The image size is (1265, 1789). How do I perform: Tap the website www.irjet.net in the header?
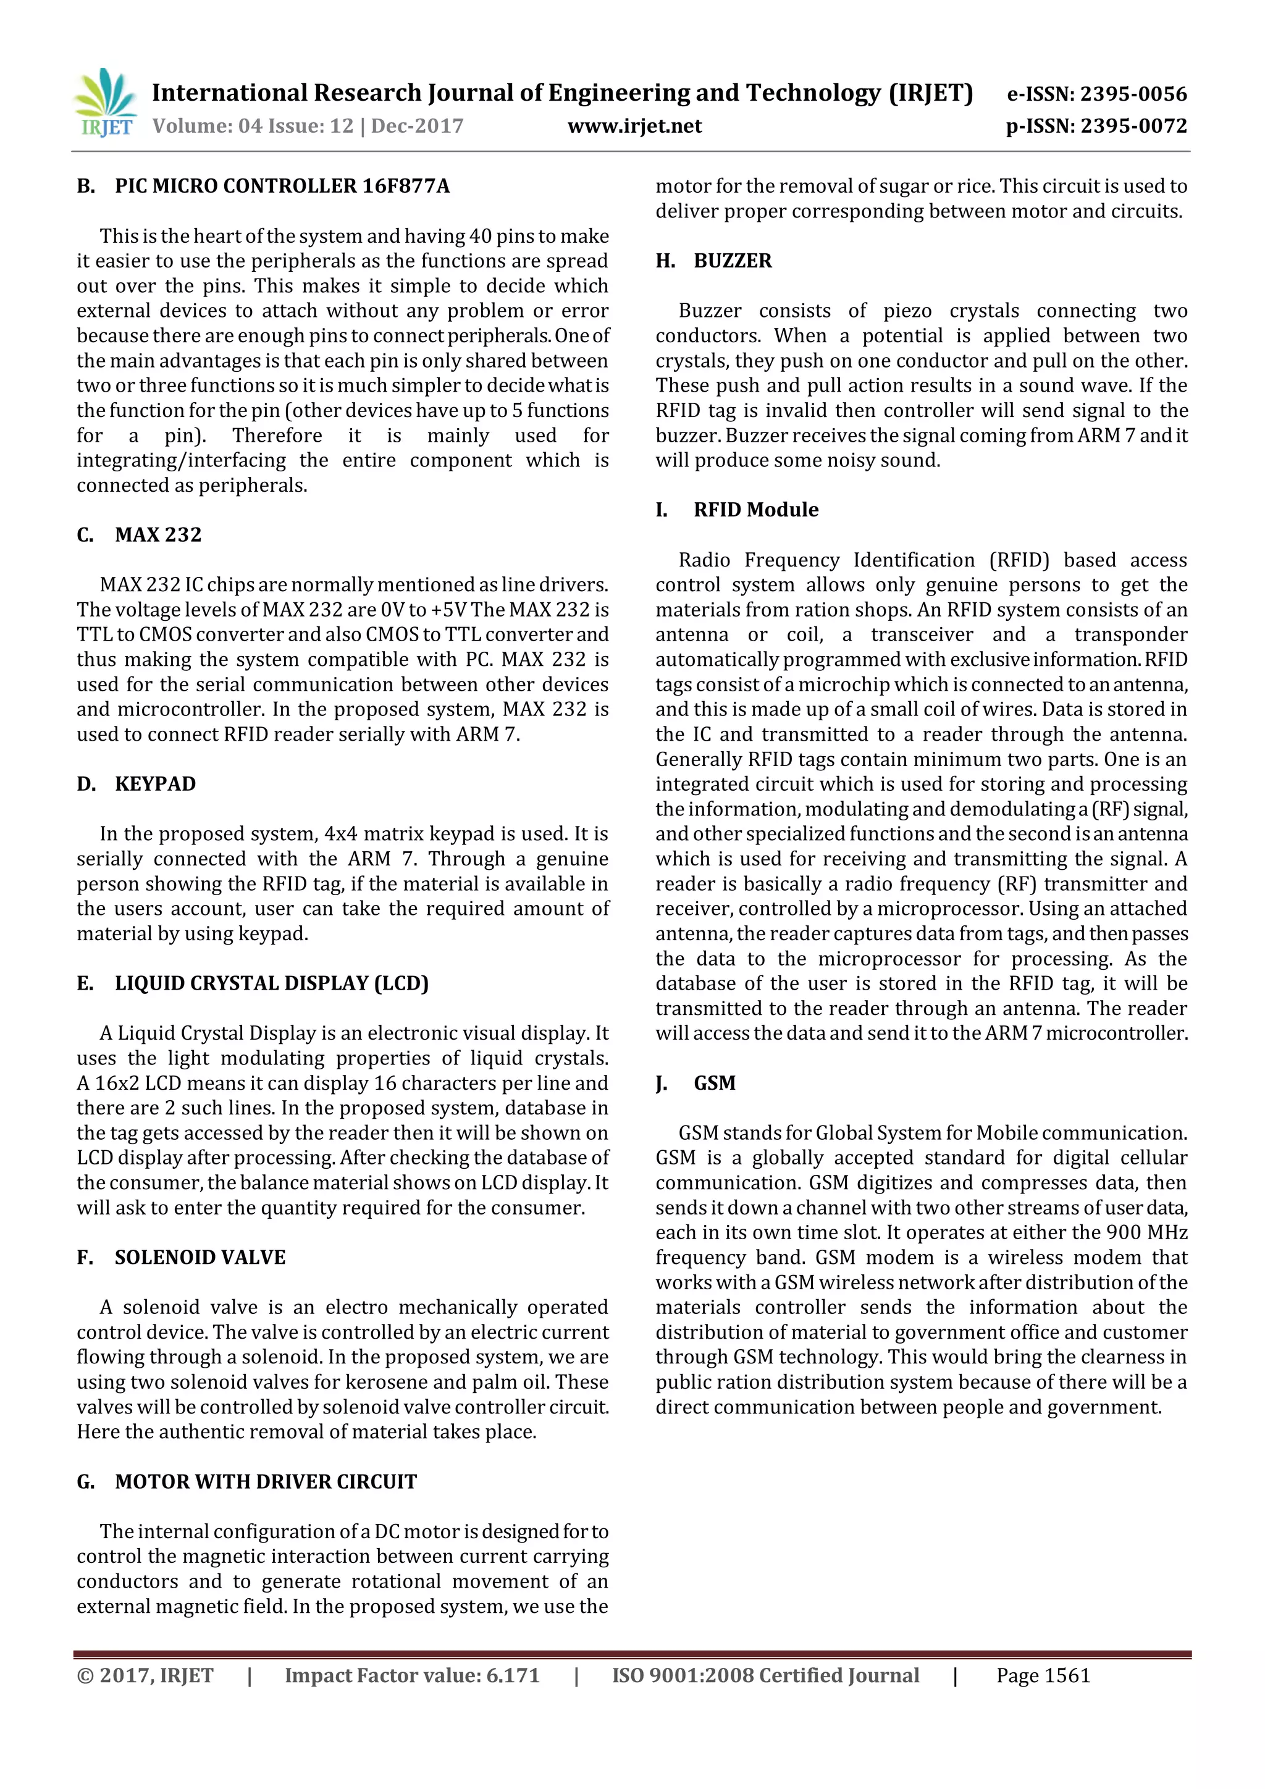tap(634, 126)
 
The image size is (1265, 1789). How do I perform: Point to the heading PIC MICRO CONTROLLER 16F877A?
tap(282, 186)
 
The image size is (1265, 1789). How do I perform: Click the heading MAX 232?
tap(158, 534)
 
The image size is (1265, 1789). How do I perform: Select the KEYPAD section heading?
tap(155, 784)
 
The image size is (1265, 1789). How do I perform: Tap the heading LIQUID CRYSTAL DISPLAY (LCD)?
tap(272, 983)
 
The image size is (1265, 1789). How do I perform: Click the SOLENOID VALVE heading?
tap(200, 1258)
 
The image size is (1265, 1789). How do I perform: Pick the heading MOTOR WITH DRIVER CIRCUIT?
tap(266, 1482)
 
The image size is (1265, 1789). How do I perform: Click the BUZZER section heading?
tap(732, 261)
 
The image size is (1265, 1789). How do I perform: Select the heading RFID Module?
tap(755, 510)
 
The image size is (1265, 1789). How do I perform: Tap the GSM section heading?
tap(714, 1083)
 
